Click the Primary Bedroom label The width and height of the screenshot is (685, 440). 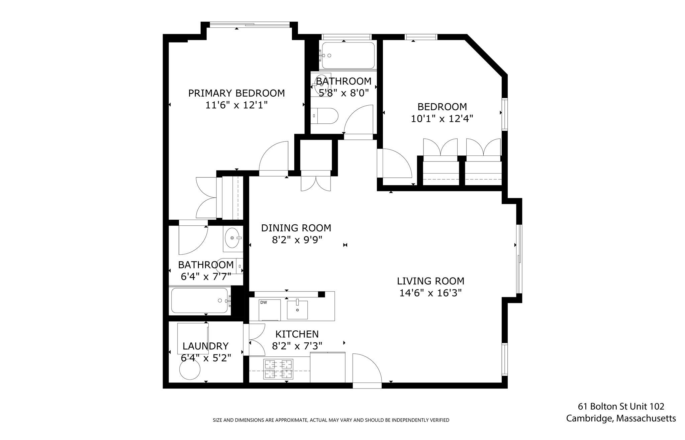click(236, 93)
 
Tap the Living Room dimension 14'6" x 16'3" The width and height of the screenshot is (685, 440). click(430, 293)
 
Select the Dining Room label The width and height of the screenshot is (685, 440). click(296, 228)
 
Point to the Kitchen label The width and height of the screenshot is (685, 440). click(297, 334)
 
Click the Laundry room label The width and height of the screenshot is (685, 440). click(206, 346)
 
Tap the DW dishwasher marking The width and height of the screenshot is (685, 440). click(264, 303)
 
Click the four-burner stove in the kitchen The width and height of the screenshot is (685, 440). click(278, 369)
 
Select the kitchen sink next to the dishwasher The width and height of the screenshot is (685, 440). click(297, 309)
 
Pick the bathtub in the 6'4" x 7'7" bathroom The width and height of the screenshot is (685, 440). click(200, 301)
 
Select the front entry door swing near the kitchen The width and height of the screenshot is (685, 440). click(367, 368)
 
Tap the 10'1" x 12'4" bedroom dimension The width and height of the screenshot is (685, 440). click(442, 119)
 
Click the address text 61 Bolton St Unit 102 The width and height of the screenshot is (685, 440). click(621, 406)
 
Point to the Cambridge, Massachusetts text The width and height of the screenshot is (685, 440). click(621, 418)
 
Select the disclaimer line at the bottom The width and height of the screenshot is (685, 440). click(331, 420)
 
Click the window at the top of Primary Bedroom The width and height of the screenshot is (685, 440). click(250, 24)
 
